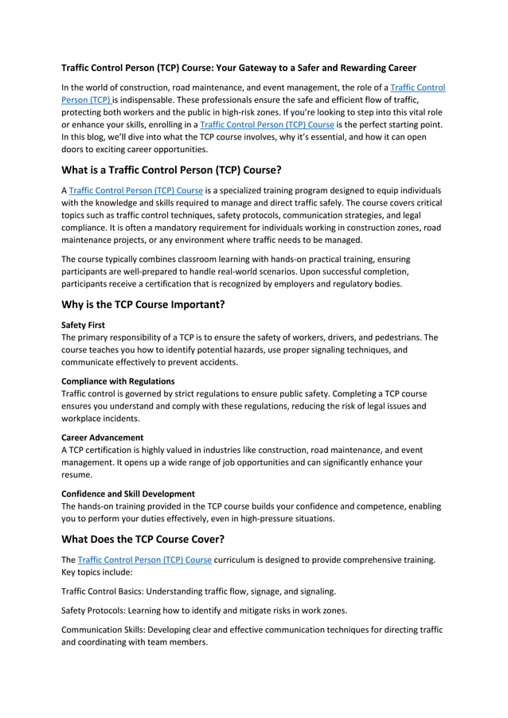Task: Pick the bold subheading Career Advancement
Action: coord(102,437)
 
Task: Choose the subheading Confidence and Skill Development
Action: coord(127,494)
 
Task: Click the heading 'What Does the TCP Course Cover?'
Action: coord(153,538)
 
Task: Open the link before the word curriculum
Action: coord(145,560)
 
